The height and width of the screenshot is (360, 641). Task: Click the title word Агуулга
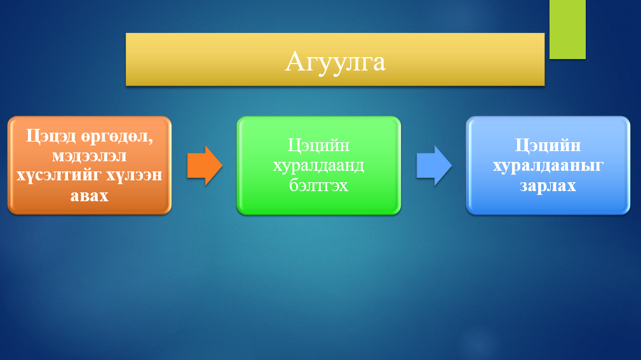pyautogui.click(x=335, y=62)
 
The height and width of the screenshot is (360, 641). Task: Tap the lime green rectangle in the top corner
pyautogui.click(x=567, y=29)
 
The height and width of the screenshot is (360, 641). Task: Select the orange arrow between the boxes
pyautogui.click(x=205, y=166)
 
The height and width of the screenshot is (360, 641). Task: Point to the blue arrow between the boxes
pyautogui.click(x=434, y=166)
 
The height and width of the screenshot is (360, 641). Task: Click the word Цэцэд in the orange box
pyautogui.click(x=51, y=136)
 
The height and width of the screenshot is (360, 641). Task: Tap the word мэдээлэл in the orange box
pyautogui.click(x=89, y=156)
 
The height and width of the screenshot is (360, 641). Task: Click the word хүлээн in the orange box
pyautogui.click(x=134, y=175)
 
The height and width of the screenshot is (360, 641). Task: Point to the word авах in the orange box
pyautogui.click(x=89, y=196)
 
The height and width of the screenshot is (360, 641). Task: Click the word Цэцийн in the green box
pyautogui.click(x=318, y=146)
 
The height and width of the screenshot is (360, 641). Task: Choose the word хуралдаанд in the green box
pyautogui.click(x=318, y=166)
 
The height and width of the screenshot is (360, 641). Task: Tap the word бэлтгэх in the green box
pyautogui.click(x=318, y=185)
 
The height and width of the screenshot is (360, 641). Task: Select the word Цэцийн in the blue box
pyautogui.click(x=548, y=146)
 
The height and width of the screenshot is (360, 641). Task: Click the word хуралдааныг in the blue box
pyautogui.click(x=548, y=166)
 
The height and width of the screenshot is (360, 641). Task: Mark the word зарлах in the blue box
pyautogui.click(x=548, y=186)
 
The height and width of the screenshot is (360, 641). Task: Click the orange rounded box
pyautogui.click(x=90, y=166)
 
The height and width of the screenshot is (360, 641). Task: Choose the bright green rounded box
pyautogui.click(x=319, y=166)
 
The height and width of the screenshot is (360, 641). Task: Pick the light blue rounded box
pyautogui.click(x=548, y=166)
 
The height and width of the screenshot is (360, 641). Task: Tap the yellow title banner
pyautogui.click(x=335, y=60)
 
